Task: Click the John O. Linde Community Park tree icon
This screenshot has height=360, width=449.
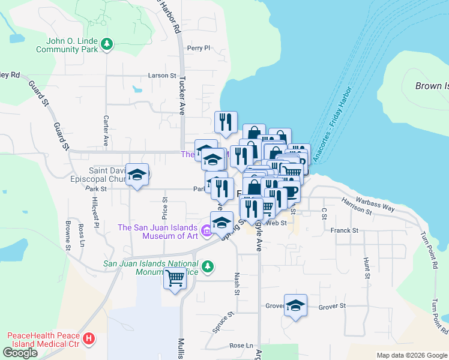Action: tap(107, 44)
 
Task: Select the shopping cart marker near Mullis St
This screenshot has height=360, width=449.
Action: tap(175, 278)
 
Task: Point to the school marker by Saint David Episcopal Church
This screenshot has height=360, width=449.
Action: tap(137, 175)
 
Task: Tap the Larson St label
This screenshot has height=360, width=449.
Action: tap(162, 76)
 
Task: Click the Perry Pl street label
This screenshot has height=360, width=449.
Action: tap(199, 48)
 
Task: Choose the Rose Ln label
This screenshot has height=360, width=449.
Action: tap(241, 346)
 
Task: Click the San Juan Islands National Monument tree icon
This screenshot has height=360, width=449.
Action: tap(208, 265)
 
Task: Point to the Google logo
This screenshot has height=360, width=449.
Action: tap(20, 353)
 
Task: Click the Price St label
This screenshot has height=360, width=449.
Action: tap(164, 208)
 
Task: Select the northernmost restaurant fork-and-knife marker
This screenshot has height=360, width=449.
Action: tap(226, 122)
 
